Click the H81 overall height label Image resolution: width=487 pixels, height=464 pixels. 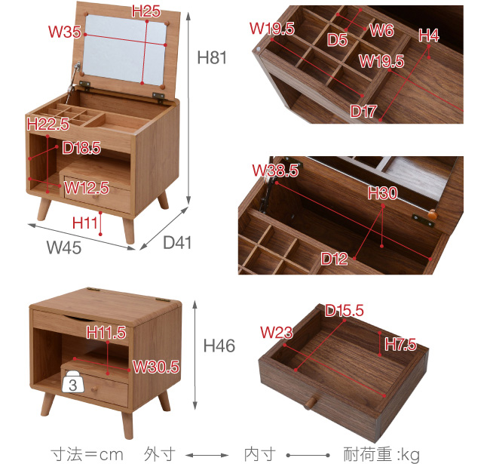tap(212, 58)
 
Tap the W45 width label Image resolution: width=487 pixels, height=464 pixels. tap(64, 247)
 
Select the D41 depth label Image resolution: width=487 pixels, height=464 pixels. tap(177, 242)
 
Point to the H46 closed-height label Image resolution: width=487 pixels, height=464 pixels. tap(219, 346)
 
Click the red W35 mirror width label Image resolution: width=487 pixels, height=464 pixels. tap(65, 32)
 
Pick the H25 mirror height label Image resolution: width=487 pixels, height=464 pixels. tap(146, 11)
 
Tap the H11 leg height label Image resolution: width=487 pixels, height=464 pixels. tap(84, 223)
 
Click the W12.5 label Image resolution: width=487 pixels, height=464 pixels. tap(87, 188)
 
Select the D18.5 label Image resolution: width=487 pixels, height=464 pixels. tap(81, 148)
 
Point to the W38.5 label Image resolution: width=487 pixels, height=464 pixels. tap(275, 171)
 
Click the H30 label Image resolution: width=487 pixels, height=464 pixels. tap(382, 193)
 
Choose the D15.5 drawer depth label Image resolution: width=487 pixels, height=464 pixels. tap(344, 311)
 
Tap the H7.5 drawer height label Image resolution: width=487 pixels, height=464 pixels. tap(400, 344)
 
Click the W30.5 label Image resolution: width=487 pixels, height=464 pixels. tap(156, 367)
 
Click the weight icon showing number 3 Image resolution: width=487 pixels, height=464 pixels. tap(73, 381)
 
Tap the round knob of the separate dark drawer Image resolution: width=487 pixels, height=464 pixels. tap(309, 403)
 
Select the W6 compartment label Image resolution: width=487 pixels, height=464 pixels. tap(381, 30)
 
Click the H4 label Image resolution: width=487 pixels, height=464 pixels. tap(429, 35)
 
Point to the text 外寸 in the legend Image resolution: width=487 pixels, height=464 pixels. tap(160, 455)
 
